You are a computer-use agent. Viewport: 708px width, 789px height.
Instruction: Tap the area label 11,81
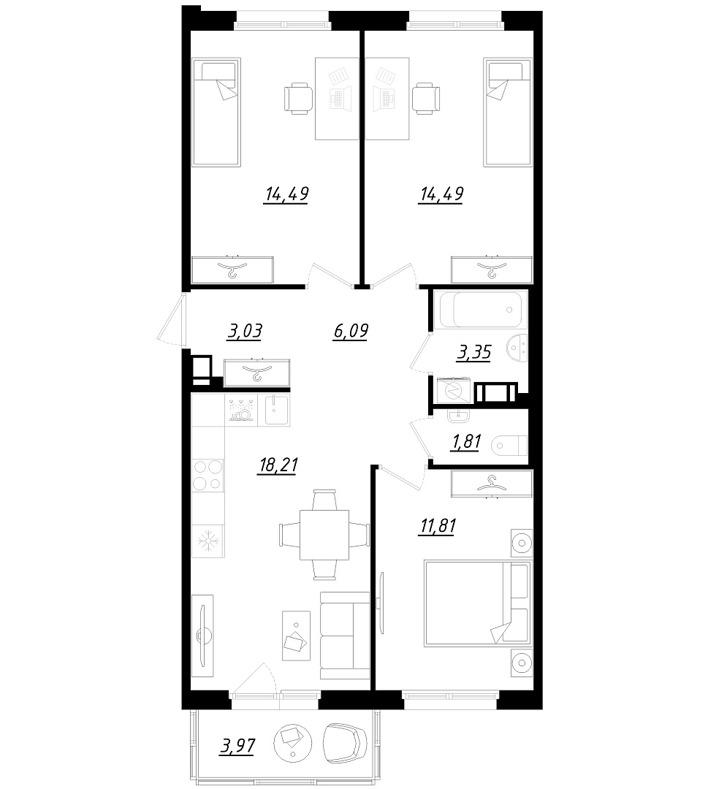click(437, 526)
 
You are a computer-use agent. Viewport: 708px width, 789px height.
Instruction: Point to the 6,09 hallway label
click(350, 331)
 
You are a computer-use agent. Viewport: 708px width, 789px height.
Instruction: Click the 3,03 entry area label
click(245, 332)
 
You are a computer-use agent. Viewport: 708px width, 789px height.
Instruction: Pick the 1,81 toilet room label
click(466, 442)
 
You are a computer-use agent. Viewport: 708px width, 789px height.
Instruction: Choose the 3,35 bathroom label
click(473, 352)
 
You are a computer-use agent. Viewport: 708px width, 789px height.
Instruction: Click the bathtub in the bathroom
click(483, 310)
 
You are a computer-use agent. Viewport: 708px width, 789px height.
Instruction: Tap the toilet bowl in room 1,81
click(509, 445)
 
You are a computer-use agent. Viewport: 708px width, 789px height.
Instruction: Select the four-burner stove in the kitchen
click(208, 475)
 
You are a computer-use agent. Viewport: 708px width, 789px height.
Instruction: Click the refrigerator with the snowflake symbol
click(208, 541)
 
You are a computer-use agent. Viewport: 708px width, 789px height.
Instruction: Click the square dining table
click(324, 534)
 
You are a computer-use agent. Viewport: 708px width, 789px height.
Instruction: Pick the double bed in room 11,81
click(478, 603)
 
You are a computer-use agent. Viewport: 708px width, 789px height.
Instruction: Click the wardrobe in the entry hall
click(257, 373)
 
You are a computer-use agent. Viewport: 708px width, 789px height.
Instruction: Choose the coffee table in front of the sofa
click(297, 636)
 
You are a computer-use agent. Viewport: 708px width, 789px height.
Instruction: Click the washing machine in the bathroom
click(454, 391)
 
